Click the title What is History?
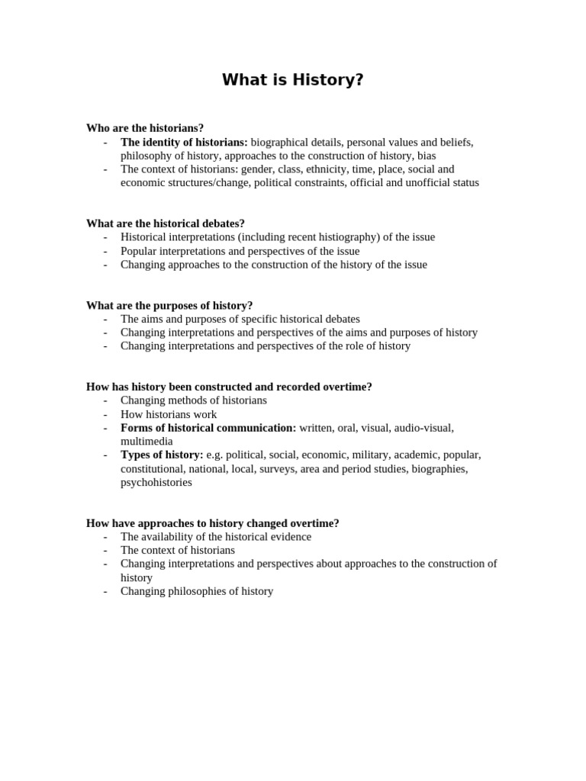[293, 80]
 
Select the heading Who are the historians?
[145, 128]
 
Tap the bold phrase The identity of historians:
[184, 142]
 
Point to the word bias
[427, 156]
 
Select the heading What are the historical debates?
[166, 223]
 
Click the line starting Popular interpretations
[240, 251]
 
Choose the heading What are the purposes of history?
[169, 305]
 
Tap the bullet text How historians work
[169, 414]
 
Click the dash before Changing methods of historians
[105, 400]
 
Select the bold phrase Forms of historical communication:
[208, 428]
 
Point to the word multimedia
[146, 442]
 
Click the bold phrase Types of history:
[162, 455]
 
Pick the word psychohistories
[156, 482]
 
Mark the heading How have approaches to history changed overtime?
[213, 523]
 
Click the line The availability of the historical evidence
[216, 537]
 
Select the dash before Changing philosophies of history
[105, 591]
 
